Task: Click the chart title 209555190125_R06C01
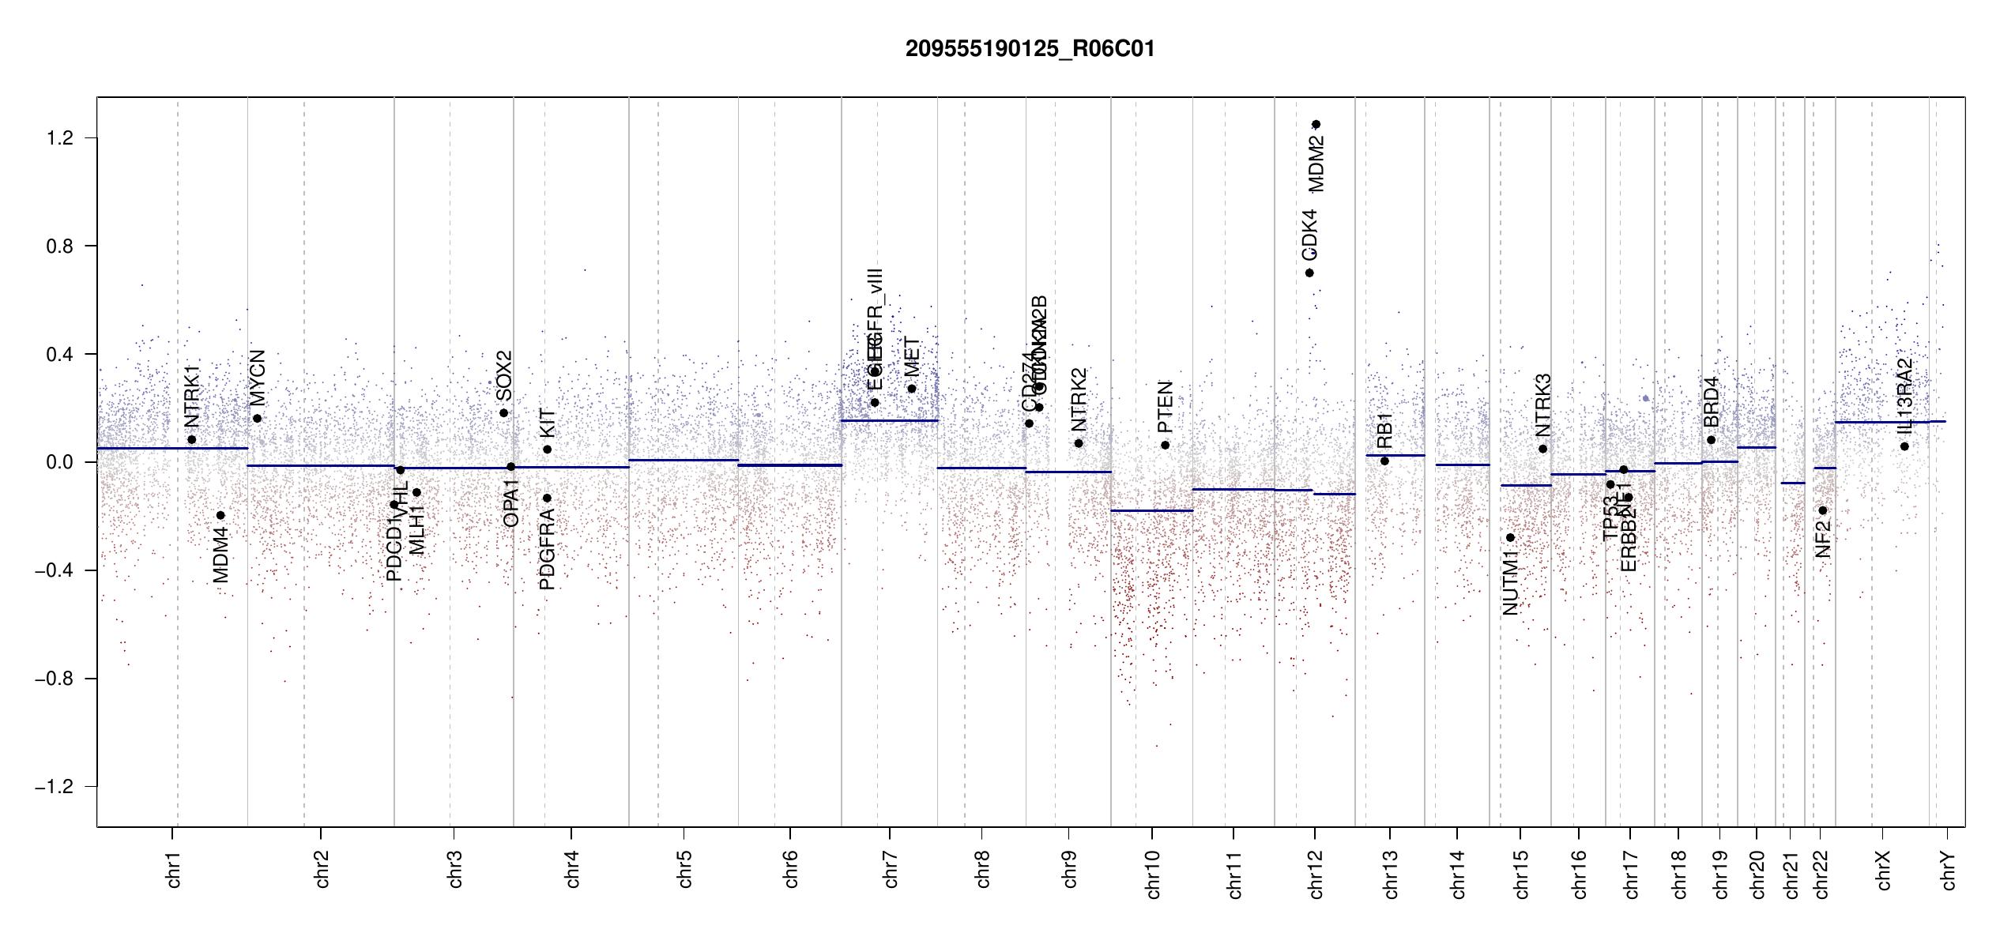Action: pyautogui.click(x=1030, y=49)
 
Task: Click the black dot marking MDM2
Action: pyautogui.click(x=1316, y=124)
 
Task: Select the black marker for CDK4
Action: pyautogui.click(x=1309, y=273)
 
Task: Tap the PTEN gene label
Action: pyautogui.click(x=1165, y=407)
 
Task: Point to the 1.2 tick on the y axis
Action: pyautogui.click(x=59, y=138)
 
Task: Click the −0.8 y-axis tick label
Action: pyautogui.click(x=54, y=679)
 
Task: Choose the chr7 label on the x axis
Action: pyautogui.click(x=891, y=870)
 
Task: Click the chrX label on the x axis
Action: pyautogui.click(x=1883, y=870)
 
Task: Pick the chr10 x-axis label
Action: pyautogui.click(x=1153, y=874)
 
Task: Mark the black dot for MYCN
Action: pyautogui.click(x=257, y=419)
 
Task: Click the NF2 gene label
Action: pyautogui.click(x=1822, y=540)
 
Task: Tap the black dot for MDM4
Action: pyautogui.click(x=220, y=515)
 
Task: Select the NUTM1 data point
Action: pyautogui.click(x=1510, y=537)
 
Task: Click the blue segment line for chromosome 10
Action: pyautogui.click(x=1151, y=510)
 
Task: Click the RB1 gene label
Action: pyautogui.click(x=1384, y=431)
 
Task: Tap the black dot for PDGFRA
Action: pyautogui.click(x=547, y=498)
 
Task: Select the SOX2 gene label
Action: pyautogui.click(x=503, y=376)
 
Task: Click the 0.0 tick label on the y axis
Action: pyautogui.click(x=59, y=462)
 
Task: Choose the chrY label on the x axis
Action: pyautogui.click(x=1949, y=870)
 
